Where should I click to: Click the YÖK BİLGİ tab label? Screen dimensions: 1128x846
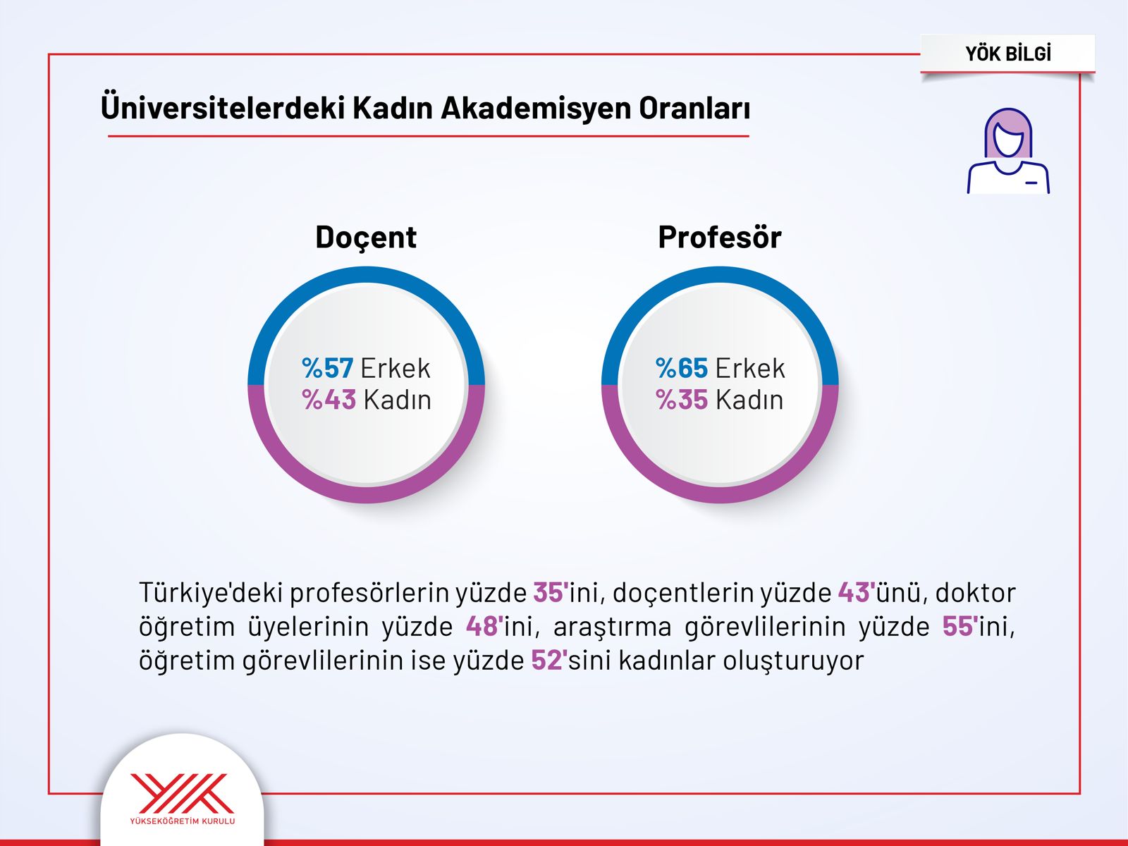tap(1007, 54)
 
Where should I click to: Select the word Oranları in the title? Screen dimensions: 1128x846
tap(694, 108)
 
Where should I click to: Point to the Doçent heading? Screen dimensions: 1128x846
tap(366, 238)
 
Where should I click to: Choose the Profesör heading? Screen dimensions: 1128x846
tap(720, 237)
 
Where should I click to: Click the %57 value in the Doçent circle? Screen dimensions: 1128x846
tap(327, 368)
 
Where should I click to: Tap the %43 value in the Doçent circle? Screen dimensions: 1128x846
tap(329, 400)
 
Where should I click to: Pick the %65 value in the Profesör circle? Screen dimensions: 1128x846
tap(682, 368)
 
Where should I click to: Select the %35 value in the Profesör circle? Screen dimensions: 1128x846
tap(682, 400)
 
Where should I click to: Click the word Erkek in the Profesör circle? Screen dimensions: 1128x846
tap(750, 368)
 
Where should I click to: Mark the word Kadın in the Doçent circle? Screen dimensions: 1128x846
tap(397, 400)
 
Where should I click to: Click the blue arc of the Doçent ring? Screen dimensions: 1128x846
tap(366, 275)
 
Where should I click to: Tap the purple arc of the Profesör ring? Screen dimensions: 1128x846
tap(720, 493)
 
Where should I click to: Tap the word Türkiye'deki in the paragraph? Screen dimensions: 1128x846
tap(211, 592)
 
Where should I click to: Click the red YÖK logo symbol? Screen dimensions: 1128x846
tap(182, 793)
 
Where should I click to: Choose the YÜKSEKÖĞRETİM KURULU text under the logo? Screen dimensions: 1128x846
tap(183, 821)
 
